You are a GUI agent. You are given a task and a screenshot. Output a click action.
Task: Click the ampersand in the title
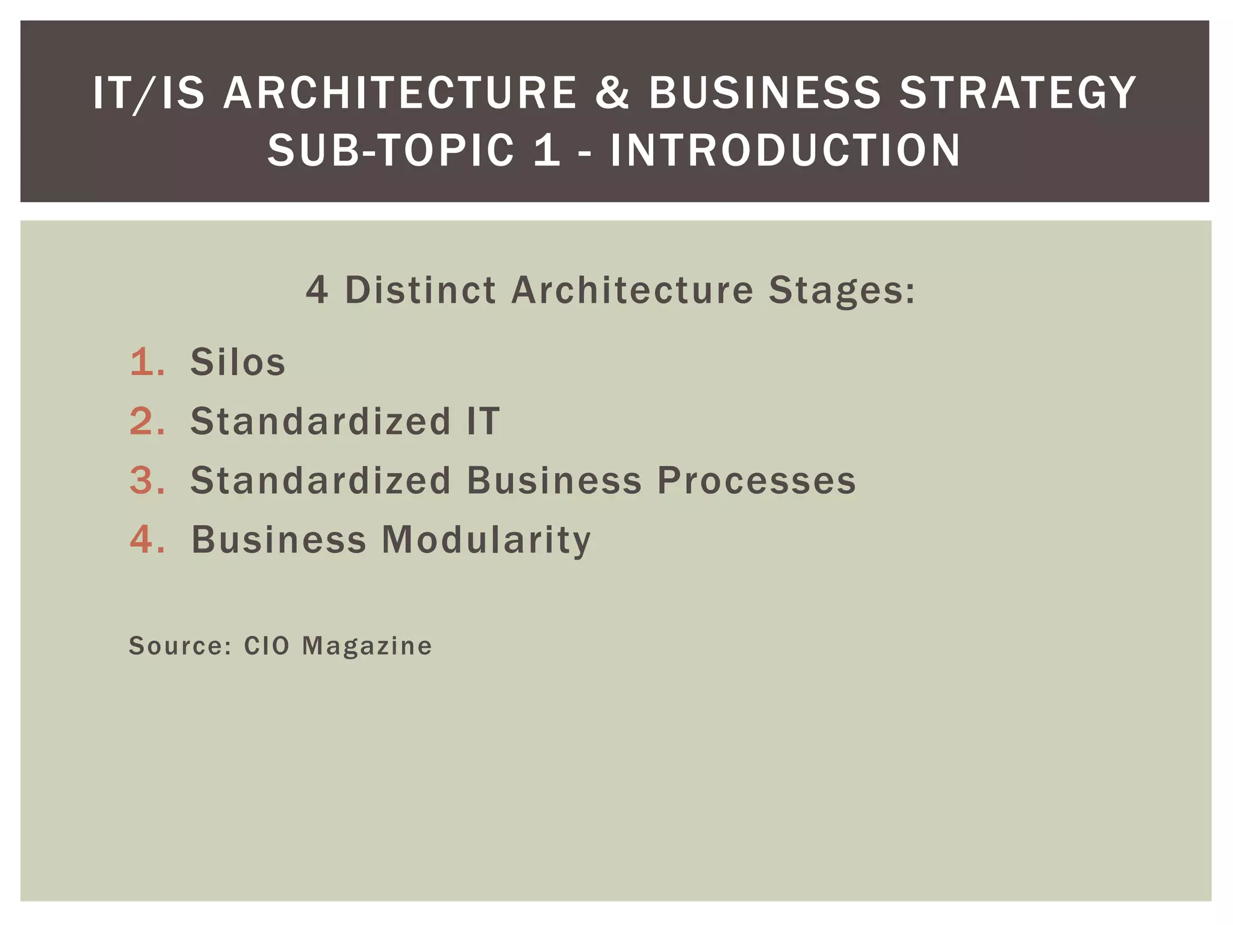tap(612, 93)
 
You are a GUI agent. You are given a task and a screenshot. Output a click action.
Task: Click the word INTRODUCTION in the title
tap(786, 150)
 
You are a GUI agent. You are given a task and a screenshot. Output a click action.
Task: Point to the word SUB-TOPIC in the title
tap(391, 150)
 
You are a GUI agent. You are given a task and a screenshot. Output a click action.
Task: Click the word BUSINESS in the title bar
tap(765, 93)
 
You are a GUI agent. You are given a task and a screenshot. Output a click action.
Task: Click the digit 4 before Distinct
tap(317, 290)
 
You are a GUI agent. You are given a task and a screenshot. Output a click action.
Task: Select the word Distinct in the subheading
tap(420, 290)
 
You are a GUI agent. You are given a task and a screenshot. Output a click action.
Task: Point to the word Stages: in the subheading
tap(842, 290)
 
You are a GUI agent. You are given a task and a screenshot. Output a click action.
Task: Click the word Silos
tap(238, 362)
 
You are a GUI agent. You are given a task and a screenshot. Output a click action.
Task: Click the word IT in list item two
tap(483, 421)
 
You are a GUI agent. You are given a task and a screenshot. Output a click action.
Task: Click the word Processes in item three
tap(756, 481)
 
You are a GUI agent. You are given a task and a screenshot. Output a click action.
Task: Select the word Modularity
tap(486, 540)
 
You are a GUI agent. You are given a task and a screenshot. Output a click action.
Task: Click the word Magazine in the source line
tap(367, 646)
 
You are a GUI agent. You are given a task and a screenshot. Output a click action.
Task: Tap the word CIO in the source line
tap(267, 646)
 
